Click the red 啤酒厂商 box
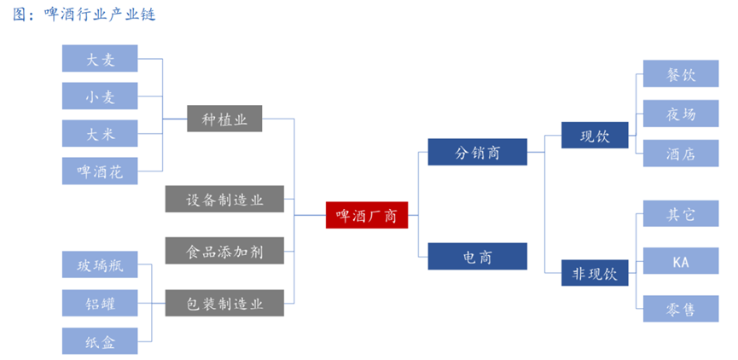[x=367, y=214]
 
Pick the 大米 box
[x=100, y=134]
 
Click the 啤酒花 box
[x=100, y=171]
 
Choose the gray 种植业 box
[x=224, y=119]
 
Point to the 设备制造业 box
[x=224, y=200]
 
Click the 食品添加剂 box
[x=224, y=252]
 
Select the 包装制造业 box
[x=224, y=304]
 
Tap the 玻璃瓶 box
[x=100, y=265]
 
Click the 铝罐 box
[x=100, y=303]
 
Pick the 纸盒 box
[x=100, y=341]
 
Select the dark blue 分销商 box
[x=477, y=153]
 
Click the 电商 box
[x=477, y=256]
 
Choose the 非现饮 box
[x=595, y=274]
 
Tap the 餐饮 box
[x=680, y=74]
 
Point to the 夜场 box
[x=680, y=113]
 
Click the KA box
[x=680, y=261]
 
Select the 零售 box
[x=680, y=309]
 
